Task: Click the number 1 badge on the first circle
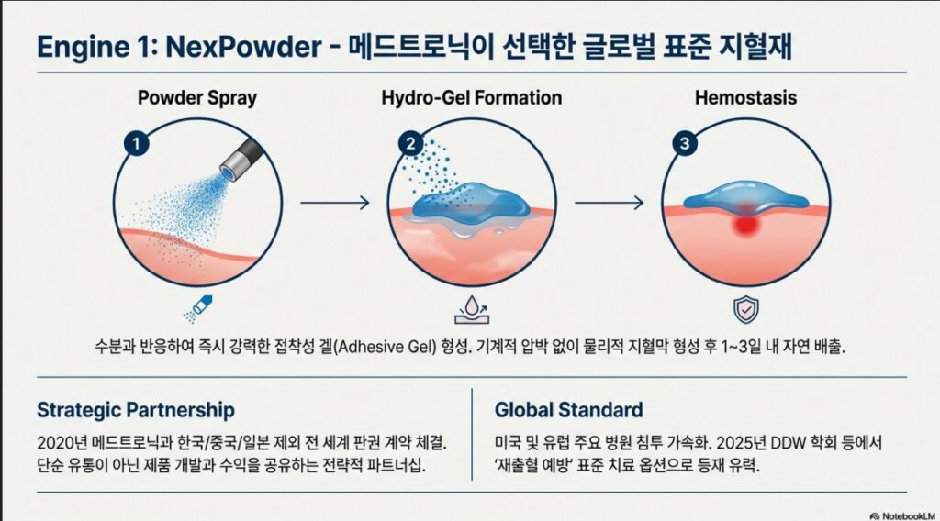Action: (x=136, y=144)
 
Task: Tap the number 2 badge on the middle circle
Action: (x=410, y=144)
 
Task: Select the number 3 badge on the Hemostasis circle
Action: (x=685, y=144)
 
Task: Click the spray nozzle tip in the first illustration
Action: (x=229, y=172)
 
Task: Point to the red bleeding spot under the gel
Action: (x=745, y=224)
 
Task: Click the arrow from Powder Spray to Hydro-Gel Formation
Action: (x=335, y=203)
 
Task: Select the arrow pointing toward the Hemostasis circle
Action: (x=610, y=203)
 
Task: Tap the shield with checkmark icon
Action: (x=745, y=310)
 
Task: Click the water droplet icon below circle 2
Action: (x=472, y=310)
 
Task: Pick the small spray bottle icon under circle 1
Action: (x=198, y=308)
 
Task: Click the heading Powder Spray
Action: (x=197, y=97)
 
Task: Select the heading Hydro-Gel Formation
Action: (x=472, y=97)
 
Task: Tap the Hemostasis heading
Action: (x=745, y=97)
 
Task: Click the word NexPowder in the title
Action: (x=243, y=47)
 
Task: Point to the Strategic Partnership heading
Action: (x=136, y=410)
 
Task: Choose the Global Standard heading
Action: (x=569, y=410)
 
